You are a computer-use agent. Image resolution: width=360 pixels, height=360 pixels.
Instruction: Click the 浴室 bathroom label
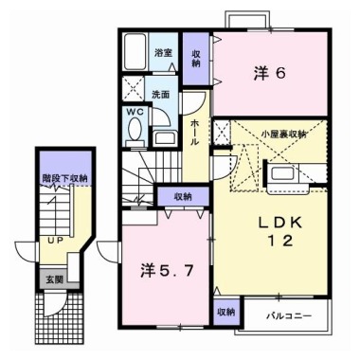(164, 54)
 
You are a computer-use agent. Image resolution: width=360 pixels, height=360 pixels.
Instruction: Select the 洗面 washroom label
(160, 95)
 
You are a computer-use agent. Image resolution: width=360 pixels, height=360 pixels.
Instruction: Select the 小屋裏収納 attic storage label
(284, 134)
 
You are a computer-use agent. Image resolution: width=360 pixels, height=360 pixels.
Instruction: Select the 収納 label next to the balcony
(225, 312)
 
